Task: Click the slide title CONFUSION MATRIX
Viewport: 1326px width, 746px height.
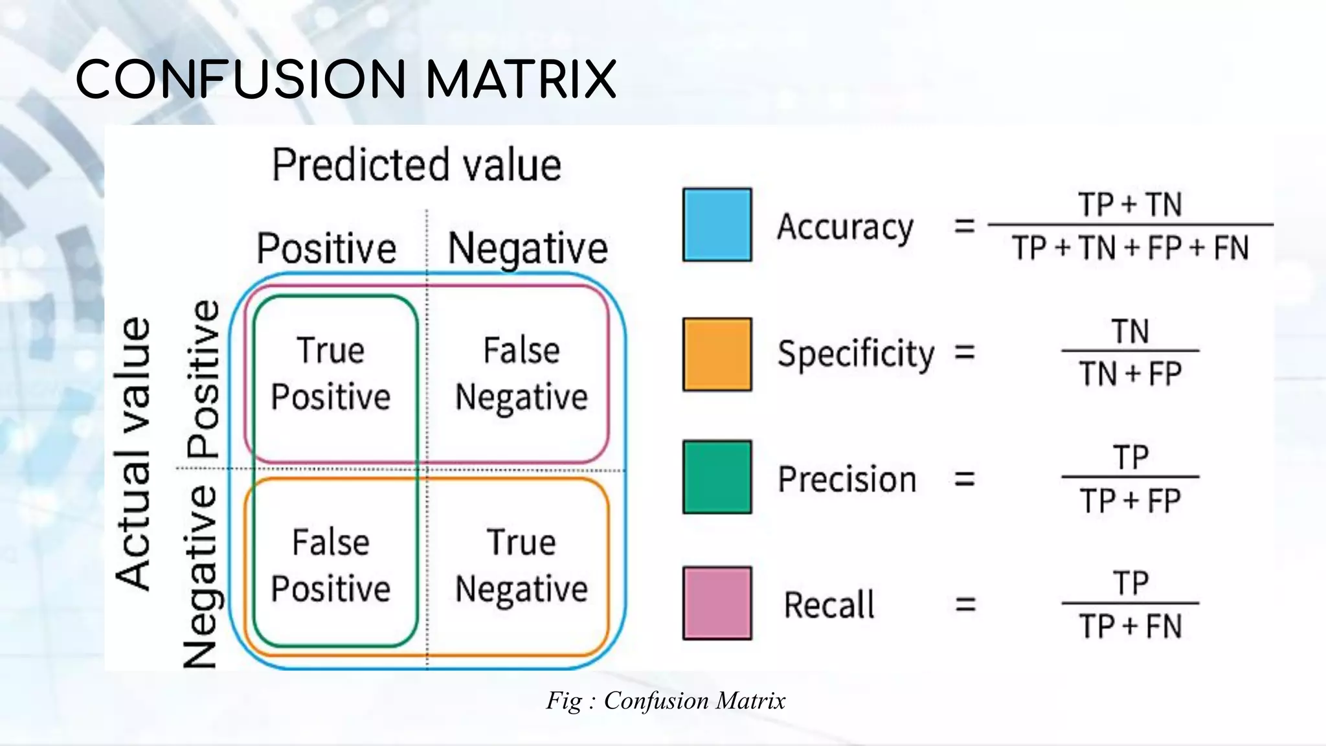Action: click(346, 80)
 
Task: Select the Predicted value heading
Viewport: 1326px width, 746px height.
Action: click(416, 165)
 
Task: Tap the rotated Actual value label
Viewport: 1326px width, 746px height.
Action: click(133, 453)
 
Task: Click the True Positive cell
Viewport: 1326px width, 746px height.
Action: click(331, 374)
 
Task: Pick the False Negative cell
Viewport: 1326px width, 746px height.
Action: click(521, 374)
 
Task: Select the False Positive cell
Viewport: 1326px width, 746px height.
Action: click(331, 565)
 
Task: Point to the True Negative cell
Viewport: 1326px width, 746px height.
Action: click(521, 565)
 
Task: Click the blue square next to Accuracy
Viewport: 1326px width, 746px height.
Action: click(717, 225)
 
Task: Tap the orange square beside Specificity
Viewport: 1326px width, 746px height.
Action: click(717, 354)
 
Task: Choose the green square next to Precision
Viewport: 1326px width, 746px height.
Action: click(717, 477)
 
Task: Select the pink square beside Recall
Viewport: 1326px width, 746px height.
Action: click(717, 603)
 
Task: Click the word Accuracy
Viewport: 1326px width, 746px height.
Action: click(845, 227)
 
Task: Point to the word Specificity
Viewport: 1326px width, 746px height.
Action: click(856, 354)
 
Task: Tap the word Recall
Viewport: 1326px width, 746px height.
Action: click(829, 605)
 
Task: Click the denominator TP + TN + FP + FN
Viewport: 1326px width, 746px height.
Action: click(1130, 248)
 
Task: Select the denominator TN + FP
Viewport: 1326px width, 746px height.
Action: click(1130, 374)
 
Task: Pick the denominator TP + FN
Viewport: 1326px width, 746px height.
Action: click(1130, 627)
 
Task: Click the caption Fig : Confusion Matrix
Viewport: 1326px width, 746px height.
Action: click(666, 701)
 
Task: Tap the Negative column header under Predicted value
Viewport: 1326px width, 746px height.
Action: click(528, 249)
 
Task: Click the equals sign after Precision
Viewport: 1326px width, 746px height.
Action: click(965, 479)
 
